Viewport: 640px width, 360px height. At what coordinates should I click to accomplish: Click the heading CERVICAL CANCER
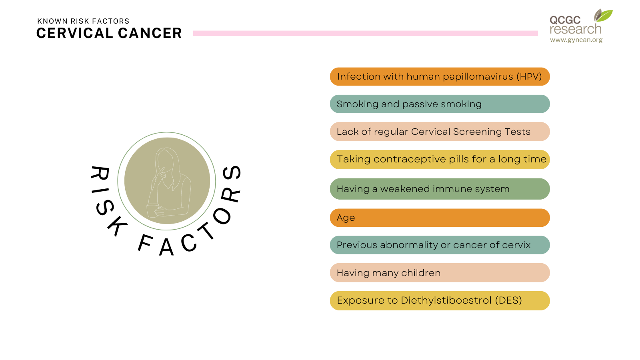click(x=109, y=33)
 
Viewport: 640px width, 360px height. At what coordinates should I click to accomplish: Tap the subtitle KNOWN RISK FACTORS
click(x=83, y=21)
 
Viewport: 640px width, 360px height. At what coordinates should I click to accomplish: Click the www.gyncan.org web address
click(x=576, y=40)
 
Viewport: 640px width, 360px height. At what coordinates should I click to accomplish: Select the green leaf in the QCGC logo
click(x=605, y=16)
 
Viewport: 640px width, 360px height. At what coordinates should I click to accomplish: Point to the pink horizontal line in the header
click(x=366, y=33)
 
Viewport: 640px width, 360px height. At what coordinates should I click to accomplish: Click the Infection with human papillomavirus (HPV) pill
click(x=440, y=76)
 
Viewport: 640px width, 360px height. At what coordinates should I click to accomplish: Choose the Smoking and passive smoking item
click(x=440, y=104)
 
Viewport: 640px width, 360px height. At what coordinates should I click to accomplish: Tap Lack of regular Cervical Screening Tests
click(x=440, y=132)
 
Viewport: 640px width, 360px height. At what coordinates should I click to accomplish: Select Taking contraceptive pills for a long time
click(x=440, y=160)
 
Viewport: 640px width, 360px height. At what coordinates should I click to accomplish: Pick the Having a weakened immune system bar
click(x=440, y=189)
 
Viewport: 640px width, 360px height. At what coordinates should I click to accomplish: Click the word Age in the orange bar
click(x=346, y=218)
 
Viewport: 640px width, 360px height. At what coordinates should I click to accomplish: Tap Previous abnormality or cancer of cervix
click(x=440, y=245)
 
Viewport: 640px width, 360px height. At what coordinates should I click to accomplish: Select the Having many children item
click(x=440, y=273)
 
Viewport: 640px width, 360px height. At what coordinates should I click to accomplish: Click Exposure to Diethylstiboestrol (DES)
click(x=440, y=301)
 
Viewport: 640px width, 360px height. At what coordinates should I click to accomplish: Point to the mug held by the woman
click(x=152, y=210)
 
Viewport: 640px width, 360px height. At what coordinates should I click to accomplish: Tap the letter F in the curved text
click(x=145, y=243)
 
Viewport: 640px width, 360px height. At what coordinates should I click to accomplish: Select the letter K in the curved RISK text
click(x=118, y=226)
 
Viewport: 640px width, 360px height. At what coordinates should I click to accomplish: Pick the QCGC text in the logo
click(x=565, y=20)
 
